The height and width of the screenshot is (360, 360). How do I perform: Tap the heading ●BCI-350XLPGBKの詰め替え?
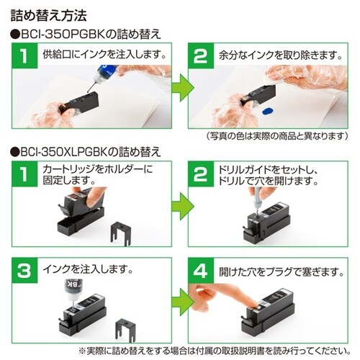(x=86, y=153)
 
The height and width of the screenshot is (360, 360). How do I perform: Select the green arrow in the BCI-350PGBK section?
(x=180, y=90)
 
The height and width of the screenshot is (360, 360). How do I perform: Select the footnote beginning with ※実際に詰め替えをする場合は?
(x=180, y=351)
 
